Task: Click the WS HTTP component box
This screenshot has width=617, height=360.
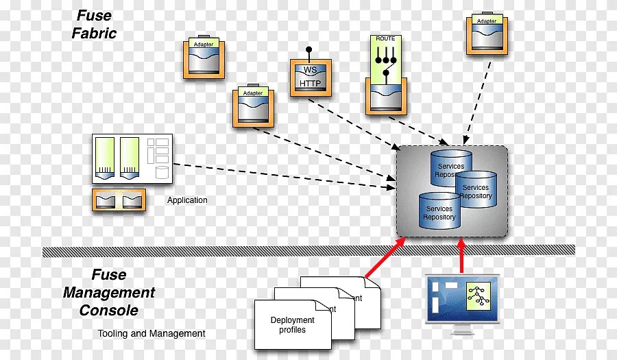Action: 311,77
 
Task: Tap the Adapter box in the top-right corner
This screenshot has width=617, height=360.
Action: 487,35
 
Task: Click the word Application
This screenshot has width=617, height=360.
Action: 187,200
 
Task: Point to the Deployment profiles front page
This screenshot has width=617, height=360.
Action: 293,325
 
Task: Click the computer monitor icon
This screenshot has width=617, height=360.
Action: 462,302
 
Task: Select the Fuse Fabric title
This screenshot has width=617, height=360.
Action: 95,24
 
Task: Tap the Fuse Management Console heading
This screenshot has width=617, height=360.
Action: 109,293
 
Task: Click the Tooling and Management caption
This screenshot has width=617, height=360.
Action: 152,333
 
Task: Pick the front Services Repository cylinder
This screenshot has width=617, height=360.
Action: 439,211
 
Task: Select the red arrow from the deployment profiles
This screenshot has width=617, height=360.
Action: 385,256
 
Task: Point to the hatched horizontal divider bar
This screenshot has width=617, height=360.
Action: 308,251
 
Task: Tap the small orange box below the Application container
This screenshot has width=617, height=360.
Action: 120,200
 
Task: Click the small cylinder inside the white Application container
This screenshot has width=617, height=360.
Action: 162,172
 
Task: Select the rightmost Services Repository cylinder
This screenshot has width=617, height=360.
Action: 476,190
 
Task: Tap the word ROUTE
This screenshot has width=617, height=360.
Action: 385,39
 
